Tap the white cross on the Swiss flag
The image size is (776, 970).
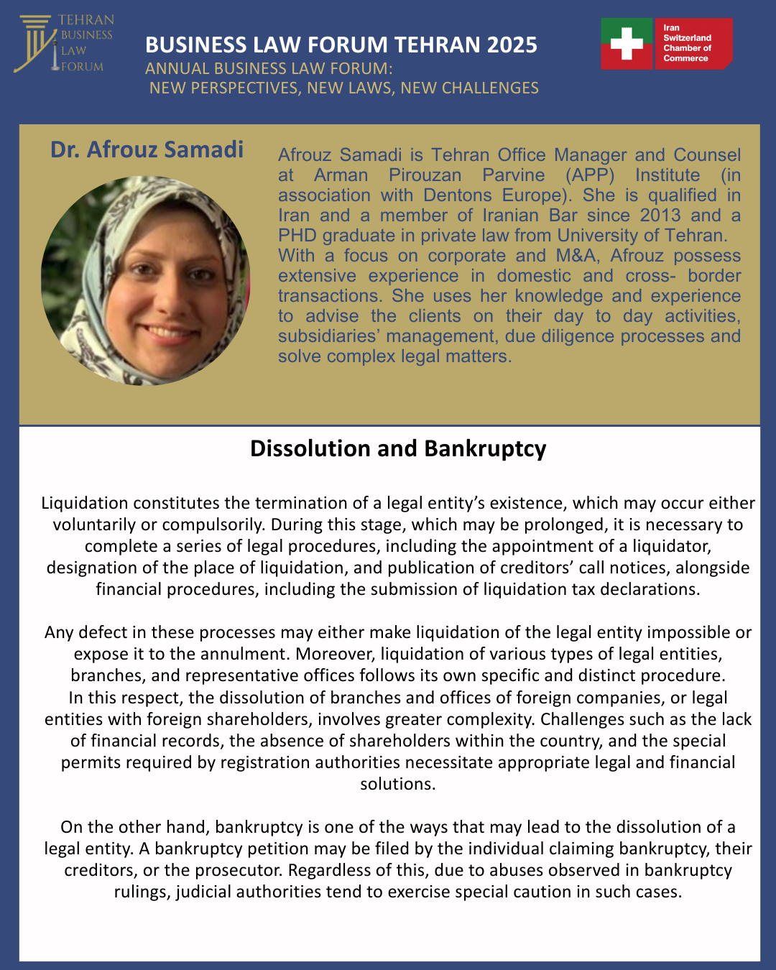(627, 44)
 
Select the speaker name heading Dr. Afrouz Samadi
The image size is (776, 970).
(147, 149)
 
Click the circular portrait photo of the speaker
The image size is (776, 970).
(146, 280)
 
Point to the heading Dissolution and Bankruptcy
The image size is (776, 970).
(398, 448)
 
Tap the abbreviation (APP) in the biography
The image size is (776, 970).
(589, 175)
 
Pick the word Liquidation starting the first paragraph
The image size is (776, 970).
(84, 503)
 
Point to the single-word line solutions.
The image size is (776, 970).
(397, 784)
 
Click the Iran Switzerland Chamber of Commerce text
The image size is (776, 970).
(687, 43)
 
